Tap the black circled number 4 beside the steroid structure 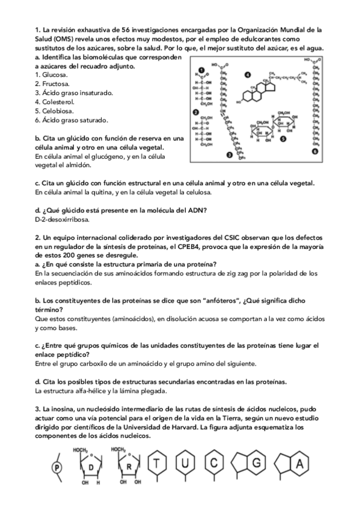[248, 75]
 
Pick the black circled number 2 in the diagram [195, 112]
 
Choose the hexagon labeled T [157, 463]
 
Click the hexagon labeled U [186, 463]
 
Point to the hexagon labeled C [215, 463]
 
